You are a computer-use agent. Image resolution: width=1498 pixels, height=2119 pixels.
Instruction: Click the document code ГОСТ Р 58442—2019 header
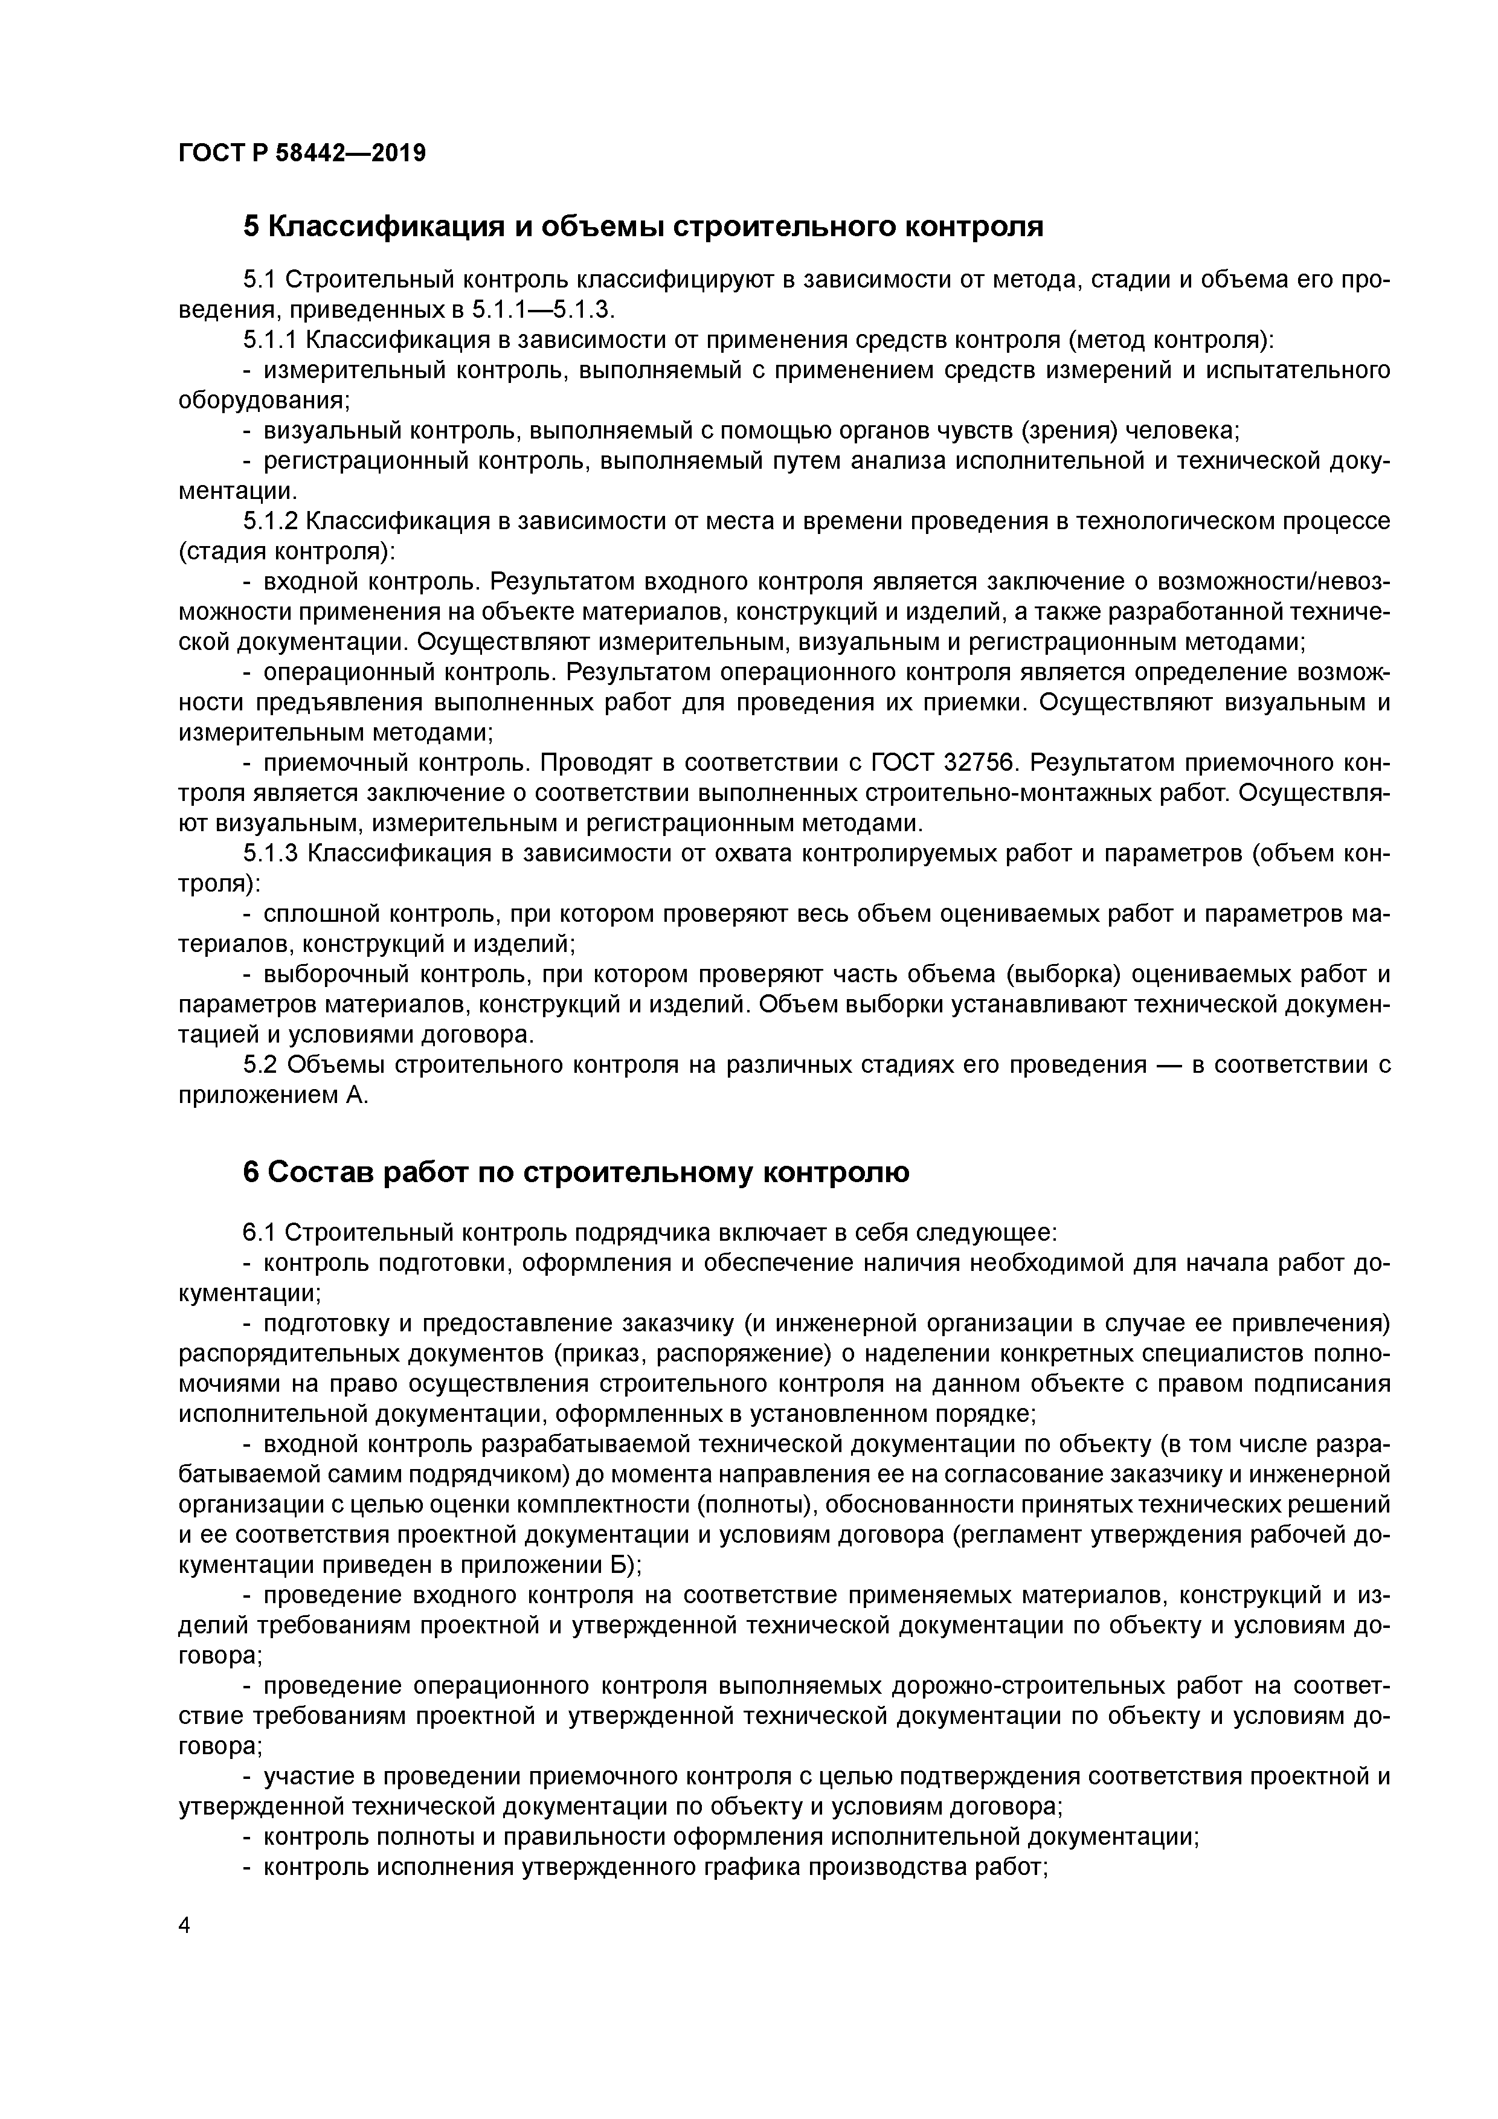(302, 153)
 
